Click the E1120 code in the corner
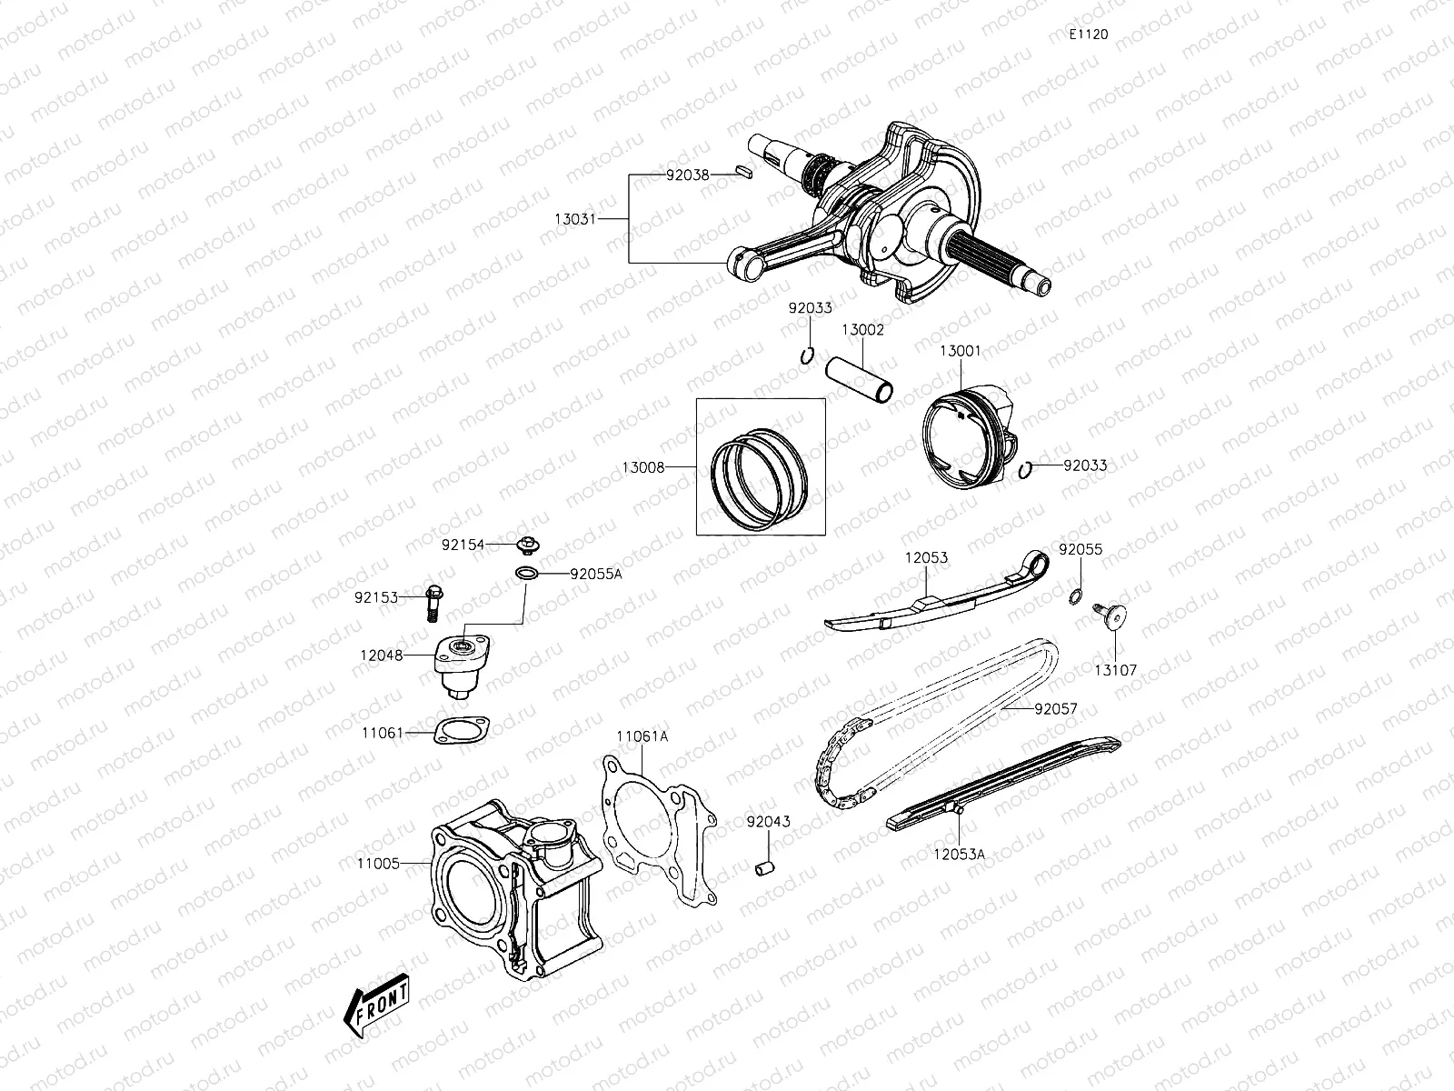(x=1088, y=35)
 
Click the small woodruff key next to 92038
(x=742, y=169)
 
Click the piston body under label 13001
(x=968, y=435)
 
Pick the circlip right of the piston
(x=1026, y=468)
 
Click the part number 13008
(x=643, y=467)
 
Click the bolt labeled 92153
(x=433, y=600)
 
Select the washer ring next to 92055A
(x=525, y=574)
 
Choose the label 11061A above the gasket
(x=642, y=736)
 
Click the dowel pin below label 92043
(x=765, y=866)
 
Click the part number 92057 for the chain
(x=1054, y=708)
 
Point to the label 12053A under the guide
(x=960, y=854)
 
